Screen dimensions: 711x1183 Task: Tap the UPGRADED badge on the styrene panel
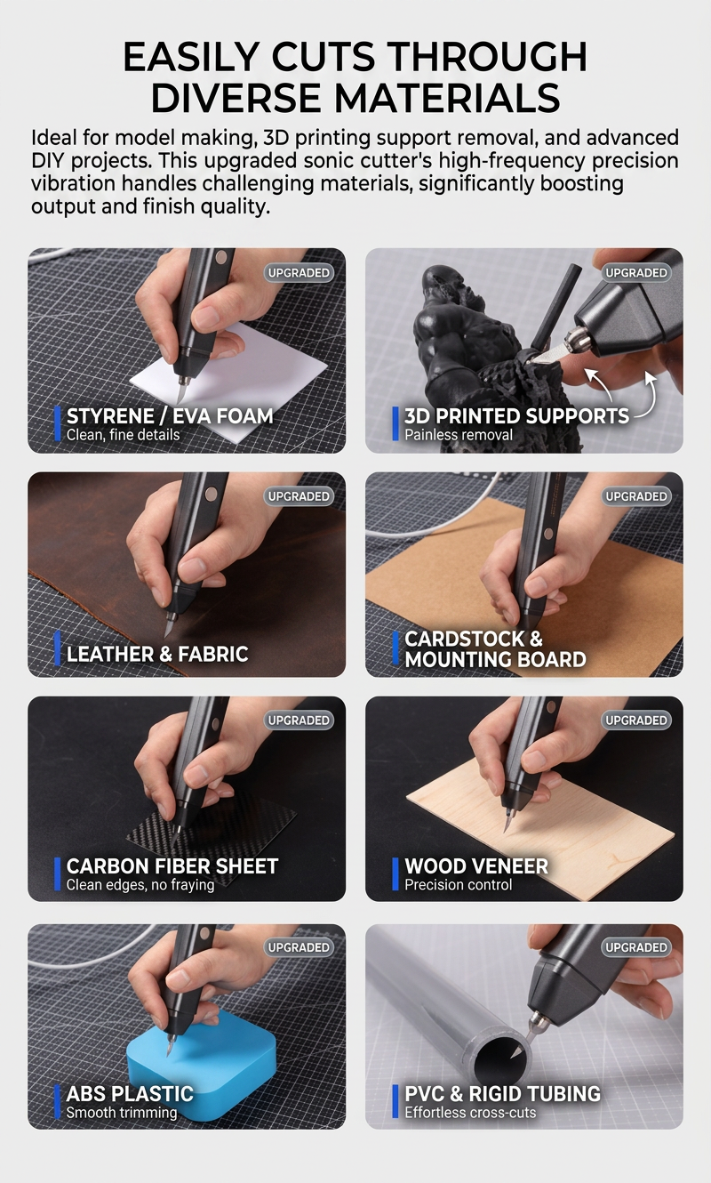(299, 272)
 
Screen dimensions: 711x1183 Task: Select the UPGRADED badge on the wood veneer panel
(636, 720)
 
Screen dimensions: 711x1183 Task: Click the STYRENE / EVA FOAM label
(170, 416)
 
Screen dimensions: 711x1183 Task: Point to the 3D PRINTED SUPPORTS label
(516, 416)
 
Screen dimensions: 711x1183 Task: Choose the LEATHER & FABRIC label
(157, 654)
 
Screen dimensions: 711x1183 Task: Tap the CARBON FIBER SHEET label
(172, 866)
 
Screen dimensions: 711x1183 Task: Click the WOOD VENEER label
(476, 866)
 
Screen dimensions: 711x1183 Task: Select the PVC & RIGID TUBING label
(502, 1093)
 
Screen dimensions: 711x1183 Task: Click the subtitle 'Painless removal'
(459, 435)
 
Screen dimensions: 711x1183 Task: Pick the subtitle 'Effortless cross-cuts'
(470, 1112)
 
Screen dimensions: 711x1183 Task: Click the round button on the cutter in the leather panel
(212, 495)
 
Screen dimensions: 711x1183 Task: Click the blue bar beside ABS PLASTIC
(57, 1101)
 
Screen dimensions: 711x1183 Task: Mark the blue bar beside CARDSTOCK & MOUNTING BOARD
(395, 648)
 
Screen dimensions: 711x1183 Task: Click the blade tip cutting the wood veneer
(505, 831)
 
